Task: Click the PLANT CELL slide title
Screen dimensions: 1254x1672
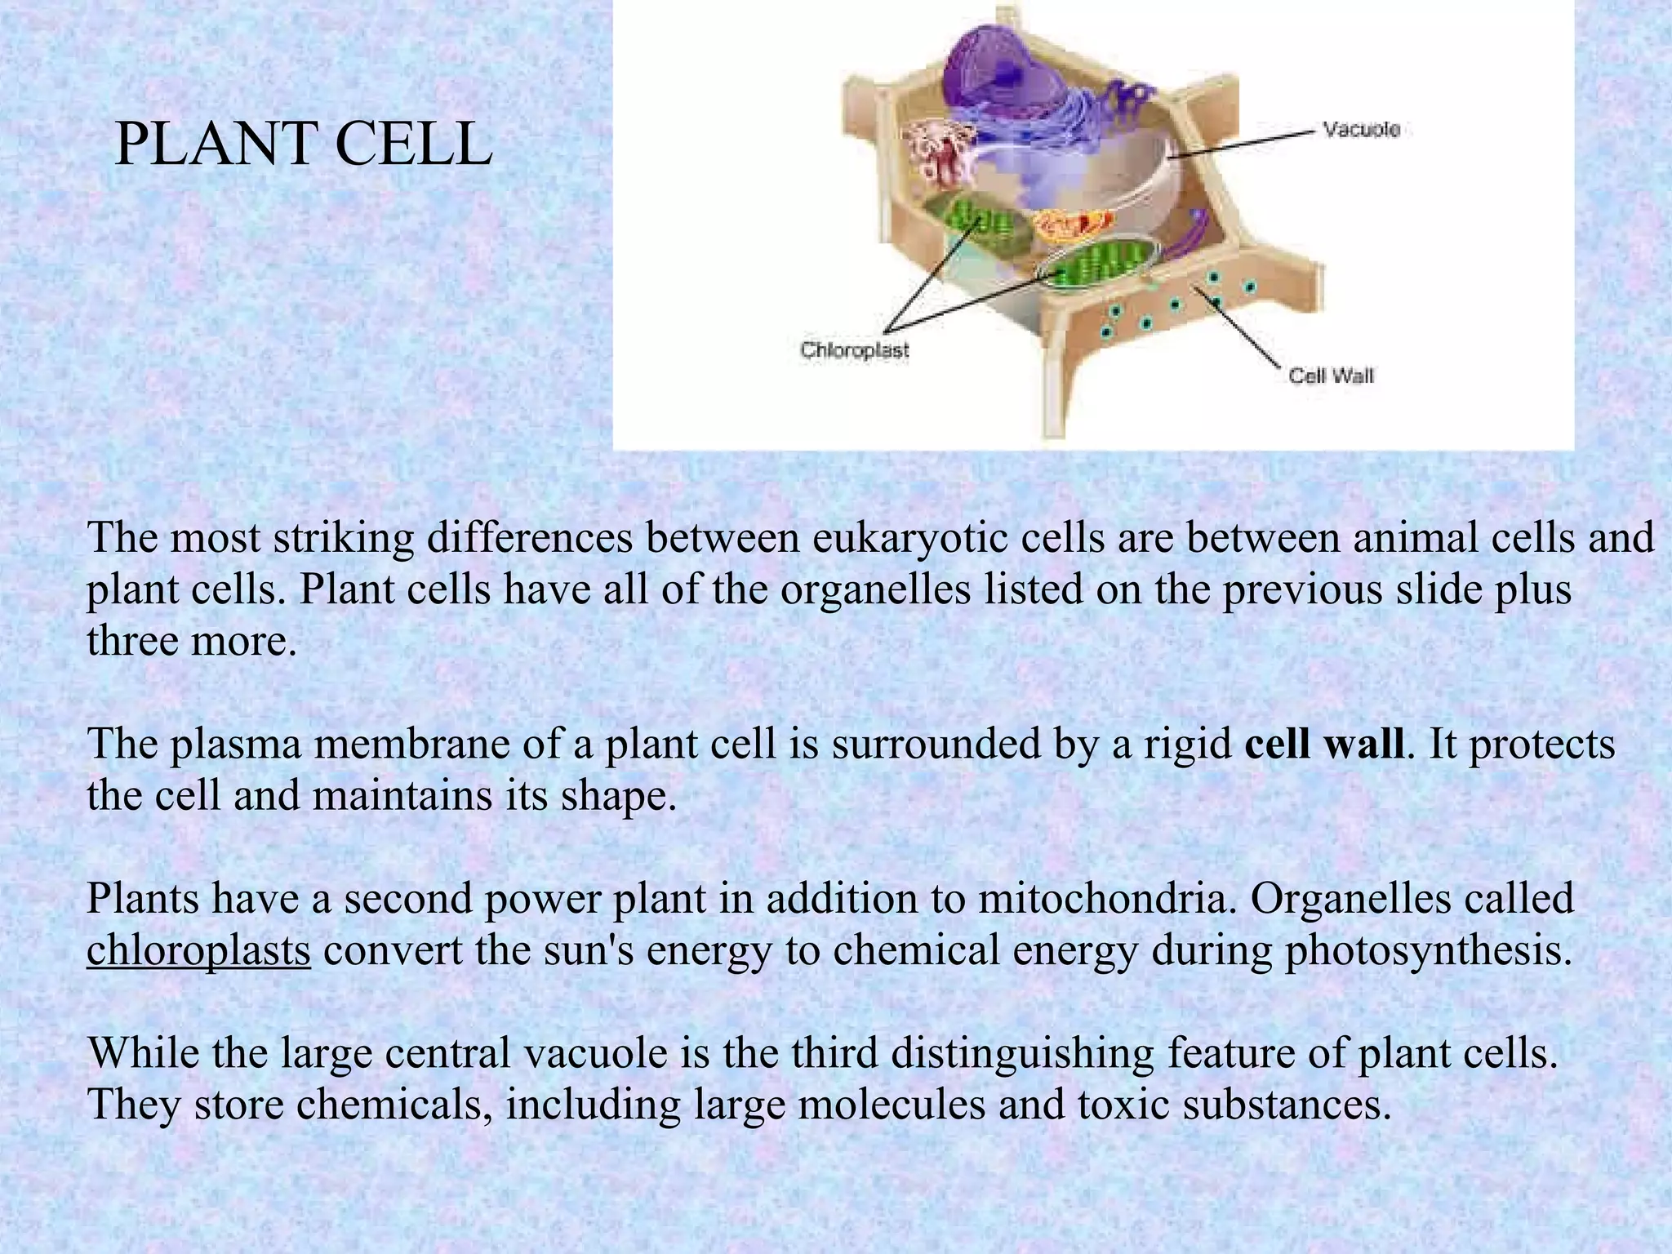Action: pyautogui.click(x=303, y=145)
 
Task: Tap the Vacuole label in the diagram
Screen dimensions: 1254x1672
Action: pyautogui.click(x=1361, y=130)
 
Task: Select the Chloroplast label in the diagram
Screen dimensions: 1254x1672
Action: pyautogui.click(x=854, y=351)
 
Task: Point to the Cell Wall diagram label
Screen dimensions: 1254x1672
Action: pyautogui.click(x=1331, y=376)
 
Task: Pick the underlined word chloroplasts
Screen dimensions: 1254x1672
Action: pyautogui.click(x=198, y=950)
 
